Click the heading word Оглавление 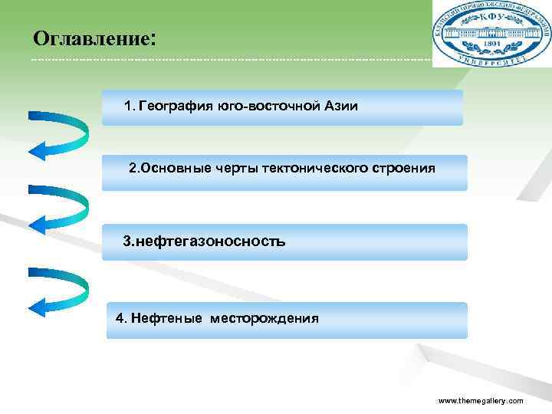click(91, 38)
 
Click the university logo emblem click(491, 34)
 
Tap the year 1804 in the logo click(491, 47)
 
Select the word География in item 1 click(177, 106)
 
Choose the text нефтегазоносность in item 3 click(209, 242)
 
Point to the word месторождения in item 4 click(264, 317)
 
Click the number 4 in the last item click(119, 317)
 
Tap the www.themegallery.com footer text click(480, 401)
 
